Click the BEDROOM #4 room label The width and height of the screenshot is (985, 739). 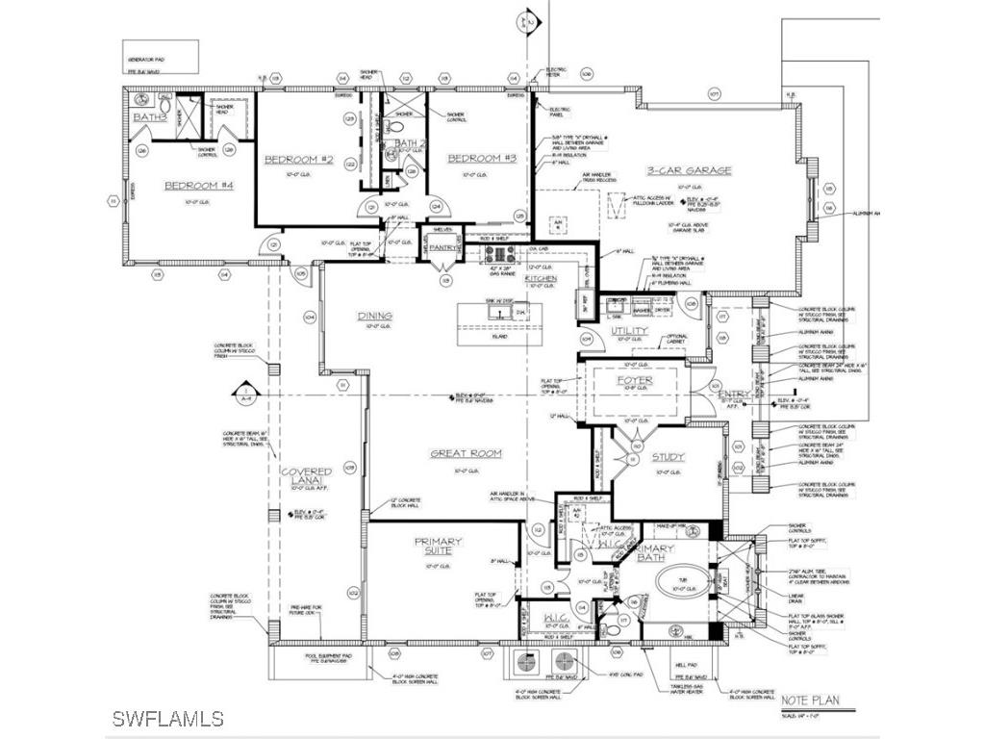[193, 187]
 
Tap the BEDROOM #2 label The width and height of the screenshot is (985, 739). [298, 160]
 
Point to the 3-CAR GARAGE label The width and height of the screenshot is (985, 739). [688, 170]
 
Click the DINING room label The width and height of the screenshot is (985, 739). [374, 316]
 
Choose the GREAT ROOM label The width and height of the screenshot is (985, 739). [466, 453]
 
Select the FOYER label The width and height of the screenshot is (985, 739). [635, 381]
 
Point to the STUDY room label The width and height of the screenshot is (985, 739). [668, 458]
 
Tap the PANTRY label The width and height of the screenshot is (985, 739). [442, 247]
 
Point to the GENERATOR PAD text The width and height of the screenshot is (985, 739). [148, 45]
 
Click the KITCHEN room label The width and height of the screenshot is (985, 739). [541, 278]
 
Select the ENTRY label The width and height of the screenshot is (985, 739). [733, 394]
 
